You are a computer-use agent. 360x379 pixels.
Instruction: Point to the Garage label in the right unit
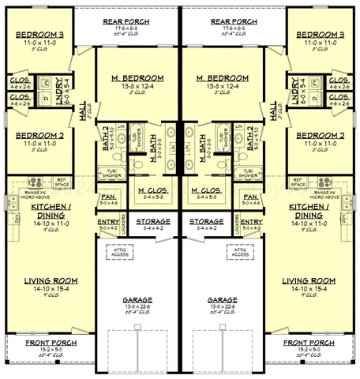221,300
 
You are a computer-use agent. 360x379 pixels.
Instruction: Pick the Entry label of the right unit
251,222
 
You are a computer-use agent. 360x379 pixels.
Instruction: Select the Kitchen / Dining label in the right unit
314,211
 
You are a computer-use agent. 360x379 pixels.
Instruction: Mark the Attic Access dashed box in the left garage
120,250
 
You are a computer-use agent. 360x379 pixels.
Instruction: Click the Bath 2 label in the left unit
107,138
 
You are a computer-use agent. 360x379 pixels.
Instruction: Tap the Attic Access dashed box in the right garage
240,250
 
